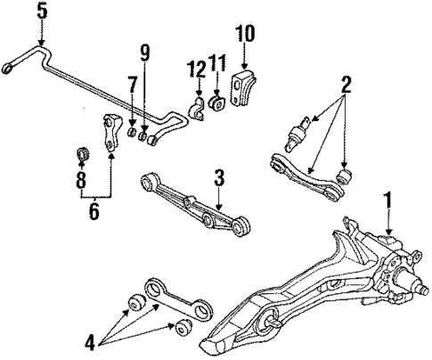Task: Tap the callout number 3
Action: point(218,178)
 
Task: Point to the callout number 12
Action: point(194,70)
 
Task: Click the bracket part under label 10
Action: point(244,91)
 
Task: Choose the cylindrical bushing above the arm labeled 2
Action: point(297,134)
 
